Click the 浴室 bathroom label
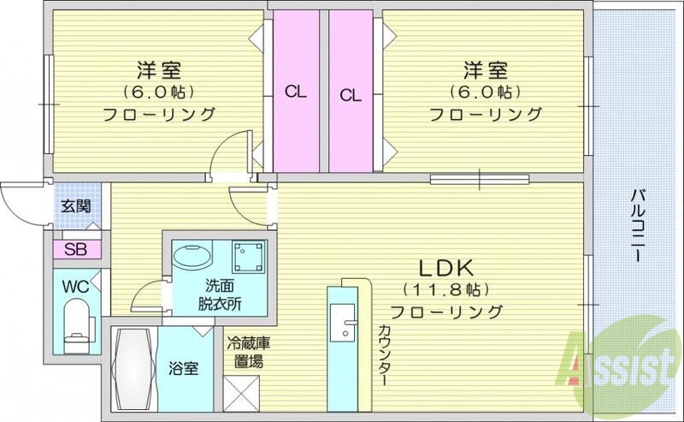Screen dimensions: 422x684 184,369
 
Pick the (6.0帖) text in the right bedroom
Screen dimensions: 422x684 483,91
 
